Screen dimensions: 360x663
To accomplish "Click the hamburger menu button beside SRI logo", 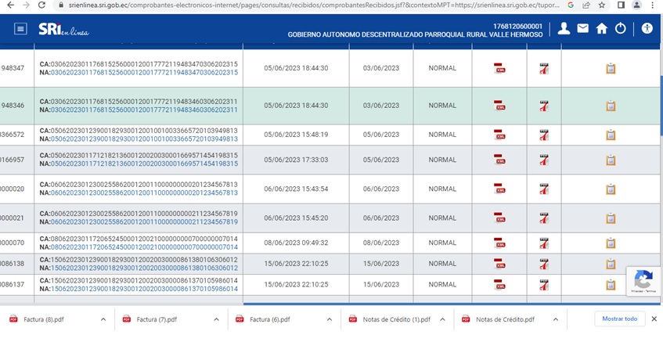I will point(20,29).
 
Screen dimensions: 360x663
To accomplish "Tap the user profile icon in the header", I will point(564,29).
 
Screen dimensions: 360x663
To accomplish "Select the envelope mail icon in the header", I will point(583,29).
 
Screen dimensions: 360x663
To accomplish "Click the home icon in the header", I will point(601,29).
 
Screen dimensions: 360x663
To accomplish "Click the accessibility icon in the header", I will point(647,29).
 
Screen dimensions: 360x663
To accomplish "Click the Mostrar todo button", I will point(619,319).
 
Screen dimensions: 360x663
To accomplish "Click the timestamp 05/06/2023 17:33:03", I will point(296,160).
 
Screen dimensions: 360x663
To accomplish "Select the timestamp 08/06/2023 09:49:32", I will point(296,243).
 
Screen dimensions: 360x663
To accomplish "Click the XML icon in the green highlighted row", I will point(499,106).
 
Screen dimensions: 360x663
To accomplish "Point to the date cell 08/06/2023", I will point(381,243).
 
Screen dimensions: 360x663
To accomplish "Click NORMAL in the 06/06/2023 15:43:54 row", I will point(442,189).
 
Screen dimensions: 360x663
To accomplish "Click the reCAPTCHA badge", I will point(643,280).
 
